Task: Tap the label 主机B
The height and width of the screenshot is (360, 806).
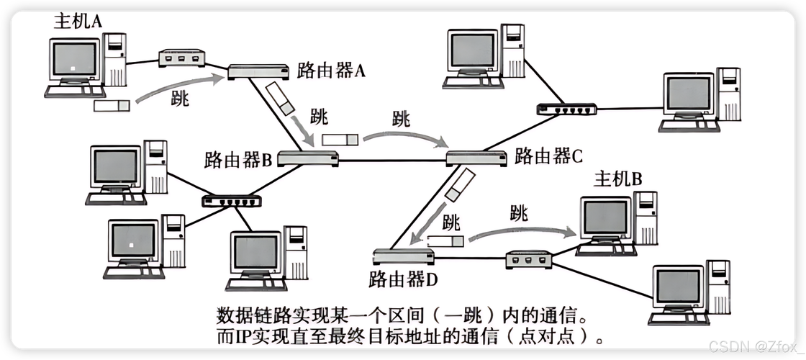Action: coord(617,180)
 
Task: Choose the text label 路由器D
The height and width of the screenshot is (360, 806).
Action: coord(403,278)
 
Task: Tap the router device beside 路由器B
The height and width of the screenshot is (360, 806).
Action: coord(308,159)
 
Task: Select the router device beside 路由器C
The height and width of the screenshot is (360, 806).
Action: coord(476,158)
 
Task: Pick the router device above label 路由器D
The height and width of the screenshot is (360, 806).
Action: coord(403,256)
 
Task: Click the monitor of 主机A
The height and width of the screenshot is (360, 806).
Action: coord(76,60)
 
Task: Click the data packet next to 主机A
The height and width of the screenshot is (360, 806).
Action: coord(112,106)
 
